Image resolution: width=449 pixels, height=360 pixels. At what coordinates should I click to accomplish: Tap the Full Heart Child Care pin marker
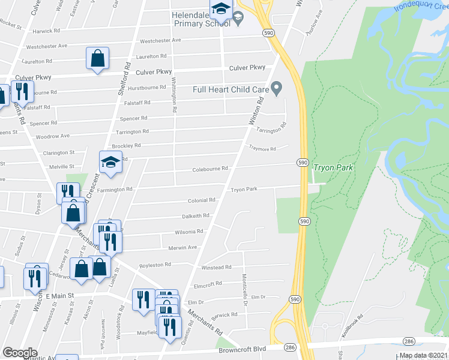pos(276,89)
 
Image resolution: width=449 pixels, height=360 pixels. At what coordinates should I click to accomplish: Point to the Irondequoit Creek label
pos(421,7)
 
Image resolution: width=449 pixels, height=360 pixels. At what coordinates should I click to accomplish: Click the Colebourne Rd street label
pos(210,169)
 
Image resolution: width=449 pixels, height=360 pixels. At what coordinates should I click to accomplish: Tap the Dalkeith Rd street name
pos(196,215)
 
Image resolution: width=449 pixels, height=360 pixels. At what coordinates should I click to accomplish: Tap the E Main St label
pos(61,296)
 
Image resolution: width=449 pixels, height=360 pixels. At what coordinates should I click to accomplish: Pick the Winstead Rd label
pos(216,268)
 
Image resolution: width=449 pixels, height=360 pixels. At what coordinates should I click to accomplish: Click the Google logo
pos(20,353)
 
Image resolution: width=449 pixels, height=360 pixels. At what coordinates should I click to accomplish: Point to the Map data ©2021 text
pos(423,355)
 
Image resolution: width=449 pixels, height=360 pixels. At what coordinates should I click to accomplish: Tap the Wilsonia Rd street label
pos(190,231)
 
